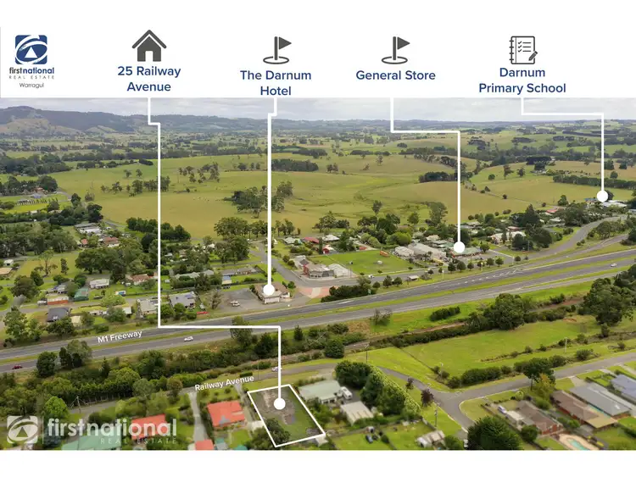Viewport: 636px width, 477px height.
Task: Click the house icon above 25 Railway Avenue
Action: coord(149,45)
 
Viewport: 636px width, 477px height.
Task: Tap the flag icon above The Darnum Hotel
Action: coord(276,50)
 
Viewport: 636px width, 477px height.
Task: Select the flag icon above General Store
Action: coord(395,50)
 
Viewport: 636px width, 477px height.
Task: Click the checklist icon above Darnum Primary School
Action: coord(522,49)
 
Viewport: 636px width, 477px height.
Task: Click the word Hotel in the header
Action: coord(276,91)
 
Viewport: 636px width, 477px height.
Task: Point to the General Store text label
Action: coord(395,75)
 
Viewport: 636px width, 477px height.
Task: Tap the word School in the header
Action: coord(544,88)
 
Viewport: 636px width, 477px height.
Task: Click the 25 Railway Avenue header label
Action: coord(149,79)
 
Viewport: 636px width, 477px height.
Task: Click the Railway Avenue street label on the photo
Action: coord(226,383)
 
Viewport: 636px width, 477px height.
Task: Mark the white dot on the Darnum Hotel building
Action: coord(270,291)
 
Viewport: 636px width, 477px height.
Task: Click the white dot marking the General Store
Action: coord(459,247)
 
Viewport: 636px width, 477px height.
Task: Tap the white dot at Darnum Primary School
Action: coord(602,196)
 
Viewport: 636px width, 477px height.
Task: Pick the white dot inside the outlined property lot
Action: coord(281,405)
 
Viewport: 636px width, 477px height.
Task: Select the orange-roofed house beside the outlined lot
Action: coord(226,413)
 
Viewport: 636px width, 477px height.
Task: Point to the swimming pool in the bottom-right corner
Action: coord(579,443)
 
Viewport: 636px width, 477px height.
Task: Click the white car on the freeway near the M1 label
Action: coord(187,338)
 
